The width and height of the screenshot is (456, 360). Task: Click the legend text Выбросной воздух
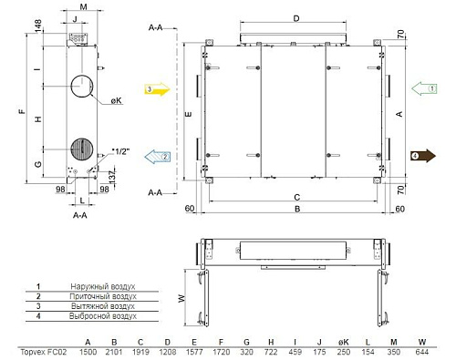click(103, 316)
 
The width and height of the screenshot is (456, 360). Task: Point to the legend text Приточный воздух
click(103, 296)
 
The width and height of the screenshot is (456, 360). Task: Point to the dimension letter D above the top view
click(295, 18)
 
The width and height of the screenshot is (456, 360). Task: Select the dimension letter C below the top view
click(297, 197)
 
